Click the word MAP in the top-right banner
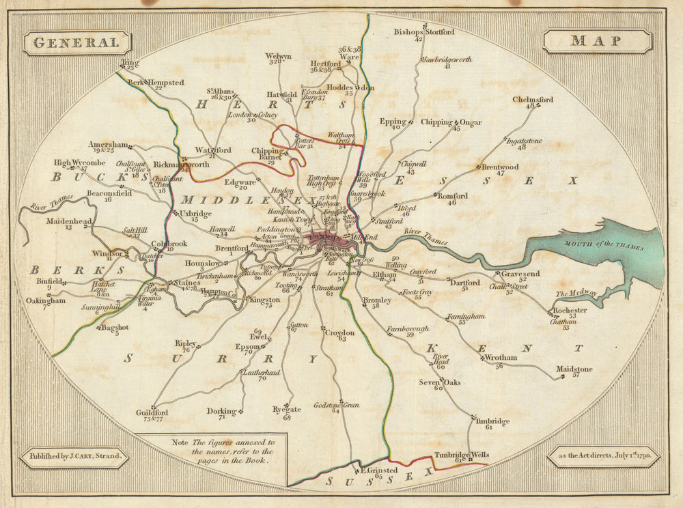click(x=596, y=41)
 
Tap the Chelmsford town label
click(x=533, y=100)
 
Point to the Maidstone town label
click(x=574, y=369)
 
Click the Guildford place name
click(x=152, y=413)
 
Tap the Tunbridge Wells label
click(x=462, y=455)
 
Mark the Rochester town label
click(x=570, y=310)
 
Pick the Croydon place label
click(x=339, y=333)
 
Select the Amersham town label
click(x=108, y=145)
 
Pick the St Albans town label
click(x=221, y=91)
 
